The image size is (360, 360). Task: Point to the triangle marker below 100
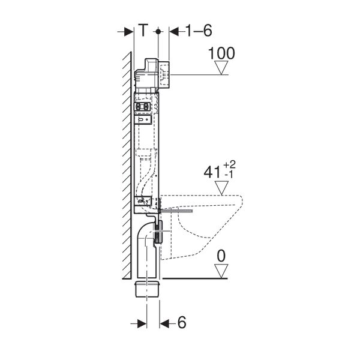pos(221,68)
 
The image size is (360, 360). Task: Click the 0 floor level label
pos(221,256)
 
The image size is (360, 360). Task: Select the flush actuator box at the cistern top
pos(163,73)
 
